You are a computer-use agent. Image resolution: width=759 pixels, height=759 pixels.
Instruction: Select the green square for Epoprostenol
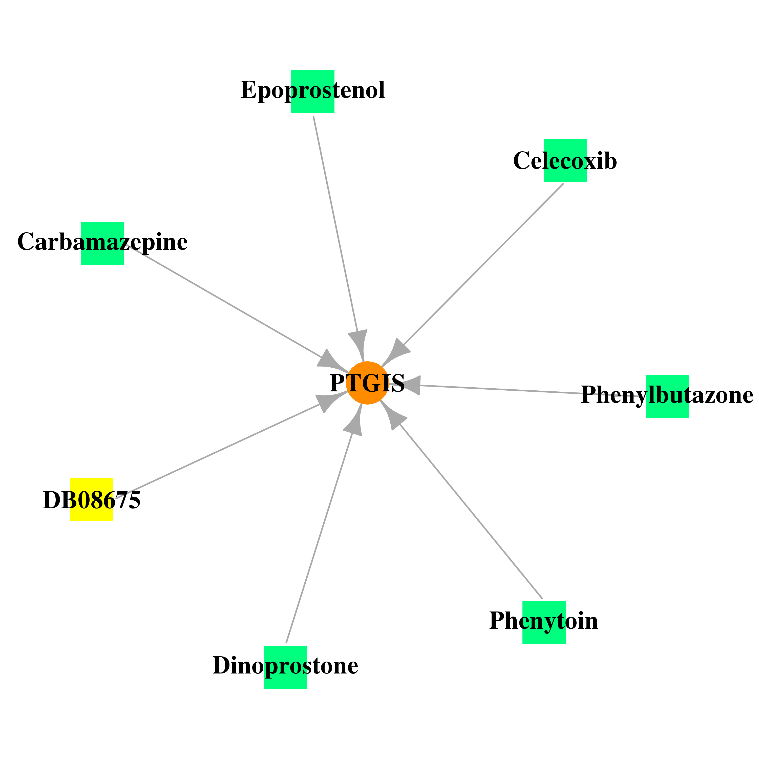coord(313,92)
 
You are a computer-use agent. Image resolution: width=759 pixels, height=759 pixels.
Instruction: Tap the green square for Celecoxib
coord(565,160)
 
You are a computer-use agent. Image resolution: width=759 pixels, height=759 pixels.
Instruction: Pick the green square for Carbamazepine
coord(102,244)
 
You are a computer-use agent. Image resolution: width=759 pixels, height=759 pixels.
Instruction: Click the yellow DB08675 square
coord(92,500)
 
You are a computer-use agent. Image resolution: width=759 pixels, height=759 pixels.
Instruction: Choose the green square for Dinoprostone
coord(285,667)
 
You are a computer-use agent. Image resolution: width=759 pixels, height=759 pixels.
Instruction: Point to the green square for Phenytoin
coord(544,622)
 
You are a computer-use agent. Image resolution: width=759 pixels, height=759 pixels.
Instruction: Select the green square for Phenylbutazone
coord(667,397)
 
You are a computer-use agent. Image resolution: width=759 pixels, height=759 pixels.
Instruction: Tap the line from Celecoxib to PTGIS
coord(483,264)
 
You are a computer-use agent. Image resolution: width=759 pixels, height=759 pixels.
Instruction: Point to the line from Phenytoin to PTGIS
coord(471,511)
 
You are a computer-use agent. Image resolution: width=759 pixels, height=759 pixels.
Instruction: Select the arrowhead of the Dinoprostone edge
coord(355,421)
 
